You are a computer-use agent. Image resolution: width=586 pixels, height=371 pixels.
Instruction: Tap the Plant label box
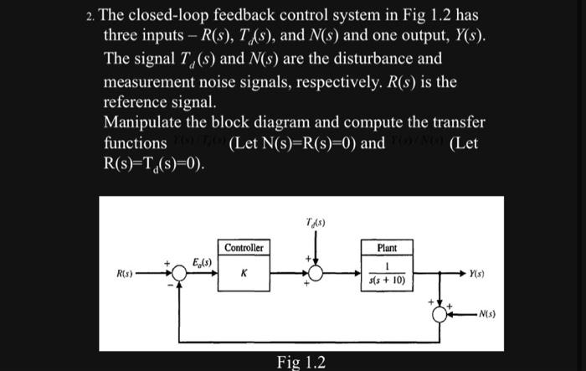pyautogui.click(x=387, y=248)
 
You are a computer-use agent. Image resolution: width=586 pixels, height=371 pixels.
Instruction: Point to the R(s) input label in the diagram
pyautogui.click(x=125, y=274)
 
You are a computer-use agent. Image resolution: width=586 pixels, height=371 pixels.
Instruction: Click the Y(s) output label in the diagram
pyautogui.click(x=478, y=274)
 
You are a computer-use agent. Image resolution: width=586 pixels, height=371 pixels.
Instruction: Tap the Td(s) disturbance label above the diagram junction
pyautogui.click(x=316, y=223)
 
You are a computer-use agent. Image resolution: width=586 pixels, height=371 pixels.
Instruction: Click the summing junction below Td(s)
pyautogui.click(x=316, y=274)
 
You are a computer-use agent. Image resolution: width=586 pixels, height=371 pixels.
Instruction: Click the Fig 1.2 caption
pyautogui.click(x=301, y=362)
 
